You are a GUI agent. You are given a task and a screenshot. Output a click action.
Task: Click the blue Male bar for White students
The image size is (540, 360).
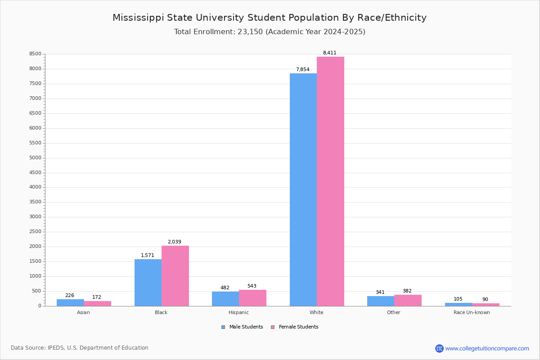(303, 189)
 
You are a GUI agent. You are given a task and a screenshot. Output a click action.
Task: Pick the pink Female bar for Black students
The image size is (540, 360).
(175, 276)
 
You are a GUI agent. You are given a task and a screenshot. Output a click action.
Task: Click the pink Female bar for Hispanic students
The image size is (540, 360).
(252, 298)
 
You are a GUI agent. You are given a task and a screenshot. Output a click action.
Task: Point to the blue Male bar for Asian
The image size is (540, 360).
(70, 302)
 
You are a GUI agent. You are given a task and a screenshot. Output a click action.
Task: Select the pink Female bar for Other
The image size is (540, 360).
(408, 300)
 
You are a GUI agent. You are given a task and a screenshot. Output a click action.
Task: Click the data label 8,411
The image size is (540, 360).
(329, 53)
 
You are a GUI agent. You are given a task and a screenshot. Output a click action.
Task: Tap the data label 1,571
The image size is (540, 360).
(147, 256)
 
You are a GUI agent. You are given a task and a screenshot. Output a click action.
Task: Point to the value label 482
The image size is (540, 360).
(225, 288)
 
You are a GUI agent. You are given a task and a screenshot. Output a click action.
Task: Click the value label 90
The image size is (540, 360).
(485, 300)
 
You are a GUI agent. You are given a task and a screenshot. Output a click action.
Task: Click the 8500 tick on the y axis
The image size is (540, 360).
(35, 54)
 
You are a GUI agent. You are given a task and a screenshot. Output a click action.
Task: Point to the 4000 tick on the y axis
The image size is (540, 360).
(35, 187)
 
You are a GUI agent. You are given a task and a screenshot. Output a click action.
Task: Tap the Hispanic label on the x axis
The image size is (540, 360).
(238, 313)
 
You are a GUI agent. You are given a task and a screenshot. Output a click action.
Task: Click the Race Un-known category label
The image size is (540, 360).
(472, 313)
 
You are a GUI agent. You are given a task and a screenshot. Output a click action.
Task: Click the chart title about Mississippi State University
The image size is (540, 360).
(270, 18)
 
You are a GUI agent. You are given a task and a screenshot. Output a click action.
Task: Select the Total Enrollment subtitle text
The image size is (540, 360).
(270, 32)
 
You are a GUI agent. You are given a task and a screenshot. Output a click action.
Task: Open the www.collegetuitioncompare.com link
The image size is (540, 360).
(487, 348)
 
